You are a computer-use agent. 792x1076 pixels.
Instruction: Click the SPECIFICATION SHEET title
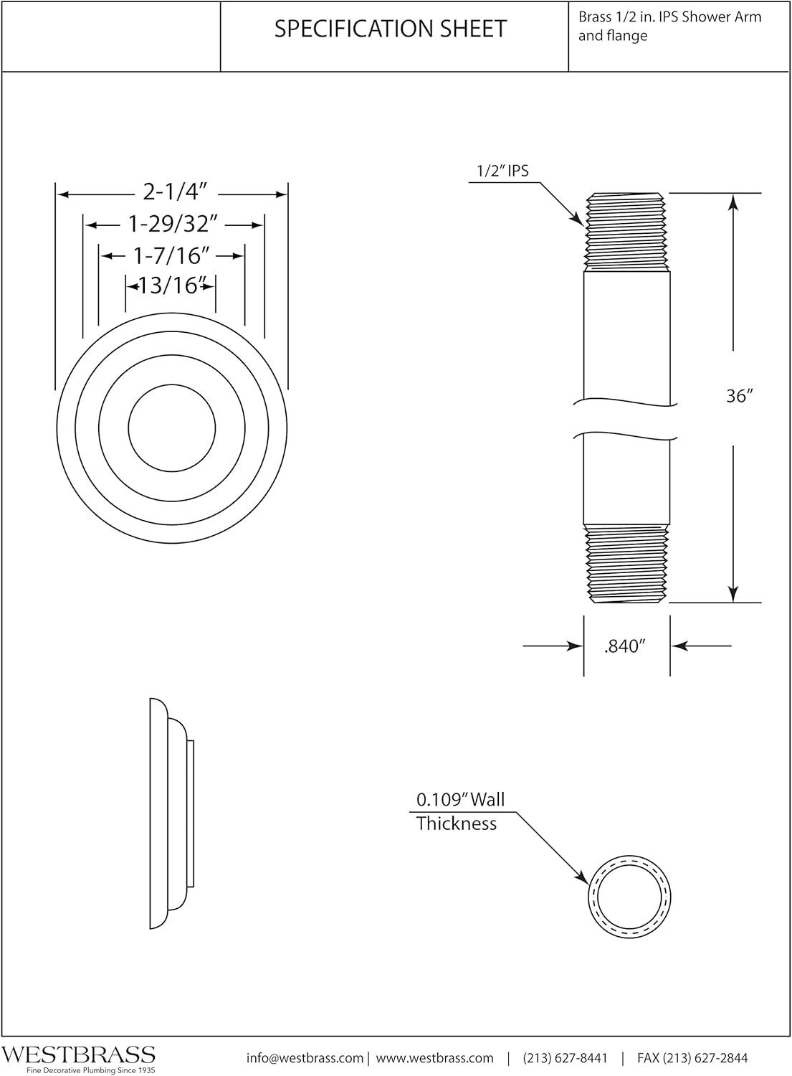(391, 29)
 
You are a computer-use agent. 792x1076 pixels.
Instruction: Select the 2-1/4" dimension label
(175, 192)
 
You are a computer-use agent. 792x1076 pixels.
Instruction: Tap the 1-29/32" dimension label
(173, 225)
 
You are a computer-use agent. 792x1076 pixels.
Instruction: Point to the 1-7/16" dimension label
(171, 255)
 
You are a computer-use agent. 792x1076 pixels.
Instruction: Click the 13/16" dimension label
(171, 285)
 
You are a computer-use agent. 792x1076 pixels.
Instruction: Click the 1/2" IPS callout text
(503, 171)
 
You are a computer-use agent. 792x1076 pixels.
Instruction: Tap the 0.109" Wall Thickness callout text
(460, 811)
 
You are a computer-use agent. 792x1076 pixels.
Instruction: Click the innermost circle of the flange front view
(171, 428)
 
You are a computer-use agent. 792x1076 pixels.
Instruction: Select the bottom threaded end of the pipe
(626, 563)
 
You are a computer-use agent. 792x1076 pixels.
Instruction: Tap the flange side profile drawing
(171, 813)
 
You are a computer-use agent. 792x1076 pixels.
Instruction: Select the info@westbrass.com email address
(305, 1058)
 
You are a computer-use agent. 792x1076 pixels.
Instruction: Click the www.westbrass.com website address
(434, 1058)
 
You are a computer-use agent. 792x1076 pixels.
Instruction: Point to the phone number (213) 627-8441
(565, 1058)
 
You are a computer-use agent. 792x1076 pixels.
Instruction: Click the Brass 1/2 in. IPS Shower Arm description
(669, 26)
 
